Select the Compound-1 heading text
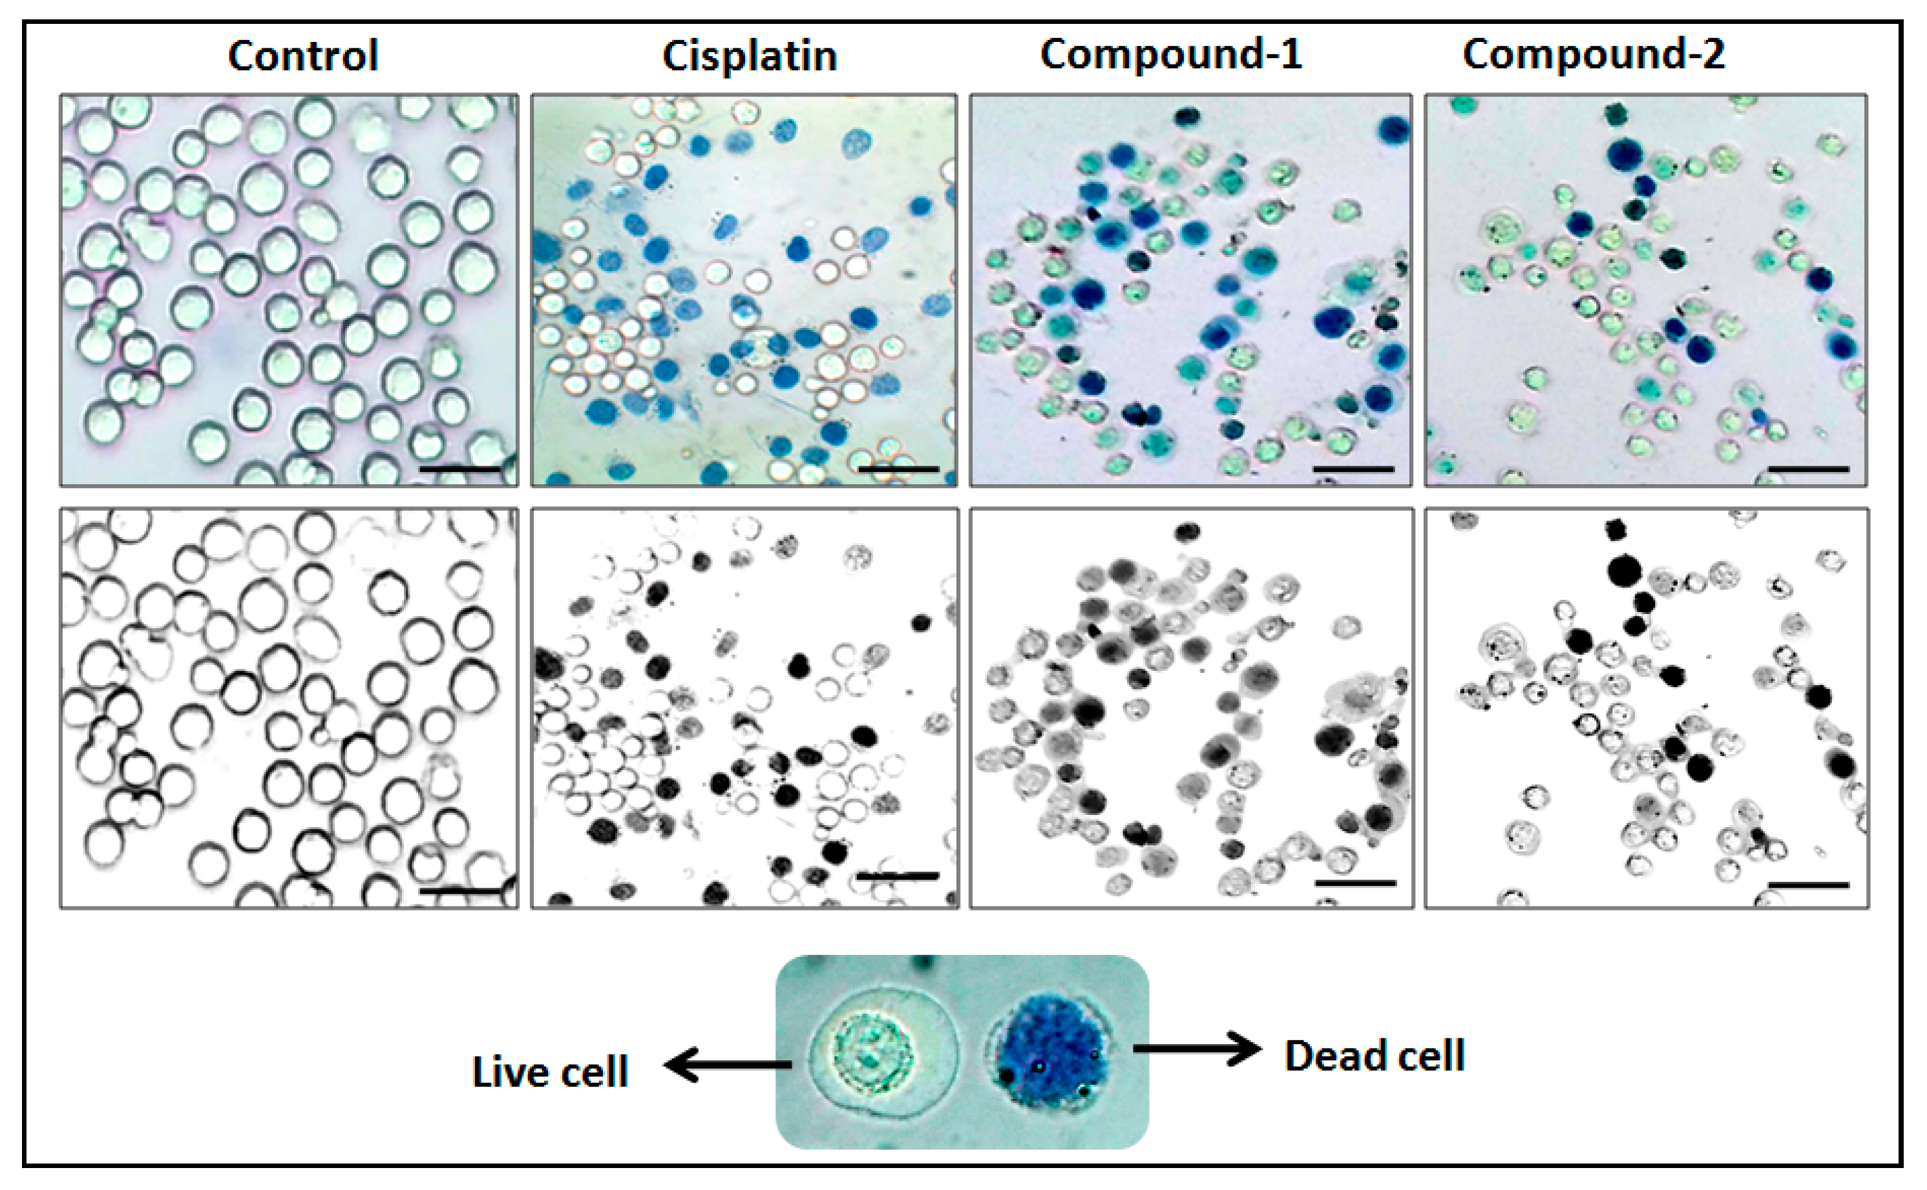[1171, 54]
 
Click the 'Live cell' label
[550, 1072]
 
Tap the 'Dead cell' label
[1374, 1056]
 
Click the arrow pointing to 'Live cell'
[727, 1065]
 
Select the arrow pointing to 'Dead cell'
[1197, 1049]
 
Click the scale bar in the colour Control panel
[460, 469]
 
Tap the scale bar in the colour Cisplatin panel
[898, 469]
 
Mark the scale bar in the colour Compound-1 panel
[1354, 469]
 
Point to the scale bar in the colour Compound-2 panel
[1809, 469]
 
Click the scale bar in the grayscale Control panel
[460, 891]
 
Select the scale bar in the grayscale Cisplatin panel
[898, 875]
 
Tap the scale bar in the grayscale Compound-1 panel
[1355, 883]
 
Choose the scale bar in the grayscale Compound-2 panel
[1809, 885]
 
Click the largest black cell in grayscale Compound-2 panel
[1625, 571]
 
